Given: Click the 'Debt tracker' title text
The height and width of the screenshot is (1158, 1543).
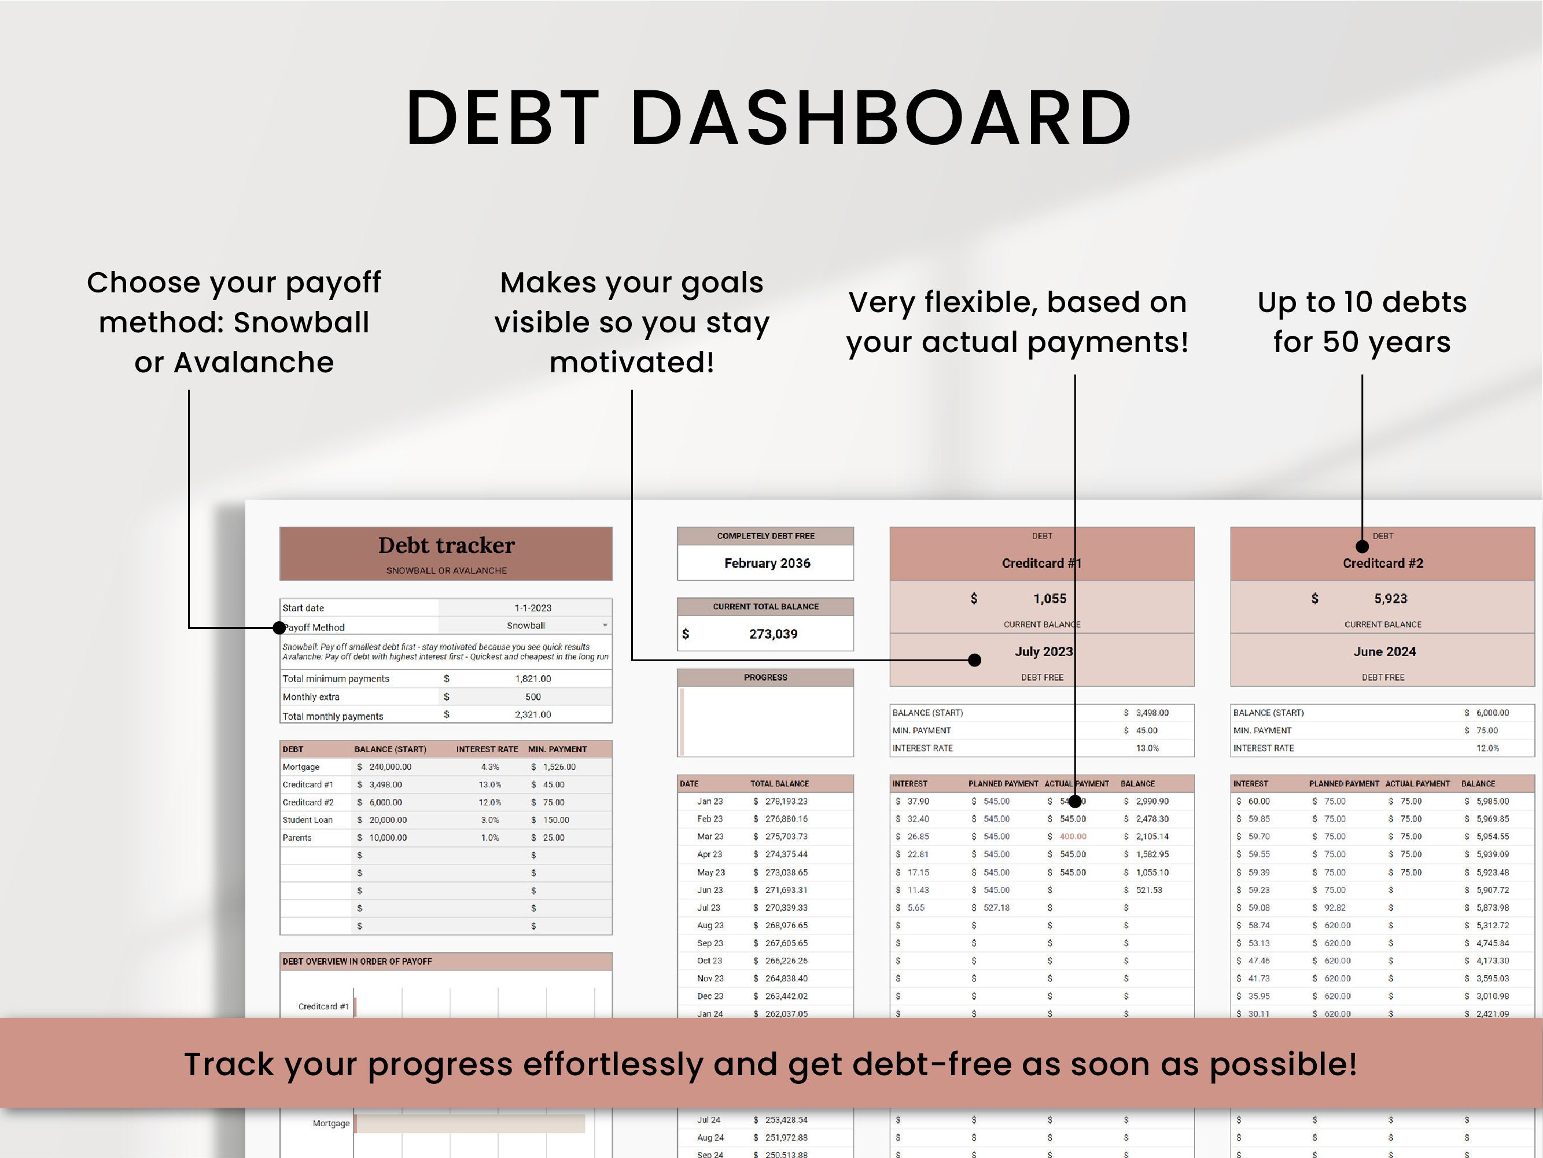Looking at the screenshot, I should (447, 545).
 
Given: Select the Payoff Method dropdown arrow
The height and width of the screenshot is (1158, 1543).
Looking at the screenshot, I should (605, 625).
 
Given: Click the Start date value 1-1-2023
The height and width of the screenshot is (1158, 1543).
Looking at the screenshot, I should (533, 608).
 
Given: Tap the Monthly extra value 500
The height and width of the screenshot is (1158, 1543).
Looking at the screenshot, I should (533, 697).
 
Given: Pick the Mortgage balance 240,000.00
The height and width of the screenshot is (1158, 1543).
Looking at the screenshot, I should (390, 767).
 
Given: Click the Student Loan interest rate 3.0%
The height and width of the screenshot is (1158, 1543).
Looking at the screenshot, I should (489, 819).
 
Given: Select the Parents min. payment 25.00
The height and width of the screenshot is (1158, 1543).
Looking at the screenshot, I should (553, 838).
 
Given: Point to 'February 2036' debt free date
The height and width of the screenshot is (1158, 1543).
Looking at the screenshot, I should (767, 563).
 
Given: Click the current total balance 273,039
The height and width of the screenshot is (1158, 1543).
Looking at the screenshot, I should (773, 634).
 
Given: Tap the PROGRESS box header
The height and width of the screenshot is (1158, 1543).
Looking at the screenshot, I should (765, 677).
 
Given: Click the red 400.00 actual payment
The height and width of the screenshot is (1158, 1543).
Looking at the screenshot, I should (1073, 836).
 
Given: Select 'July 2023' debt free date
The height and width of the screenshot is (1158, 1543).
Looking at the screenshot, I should (1043, 651).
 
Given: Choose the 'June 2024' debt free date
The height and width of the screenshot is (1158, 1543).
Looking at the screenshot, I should (1384, 651).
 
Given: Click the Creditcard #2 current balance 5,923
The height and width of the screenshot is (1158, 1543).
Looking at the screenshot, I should (1390, 598).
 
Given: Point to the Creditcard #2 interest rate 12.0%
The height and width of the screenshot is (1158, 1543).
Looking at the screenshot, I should (1487, 748).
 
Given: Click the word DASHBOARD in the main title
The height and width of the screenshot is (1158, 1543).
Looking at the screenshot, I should (881, 118).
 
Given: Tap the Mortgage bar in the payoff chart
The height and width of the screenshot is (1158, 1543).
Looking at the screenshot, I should (469, 1123).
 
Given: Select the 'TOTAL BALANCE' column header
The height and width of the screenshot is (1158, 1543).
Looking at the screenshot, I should (779, 784).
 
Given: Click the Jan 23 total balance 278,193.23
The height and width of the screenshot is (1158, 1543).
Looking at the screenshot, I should (786, 801).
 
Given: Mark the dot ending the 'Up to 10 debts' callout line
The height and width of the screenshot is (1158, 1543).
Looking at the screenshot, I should (1362, 547).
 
